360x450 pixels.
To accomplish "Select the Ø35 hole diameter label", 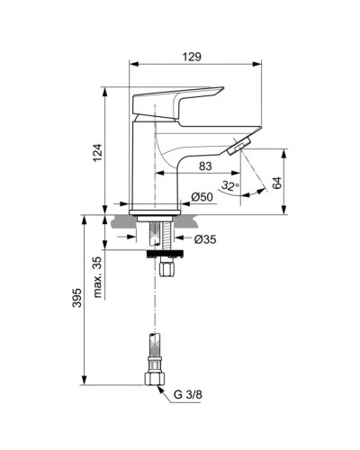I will click(207, 240).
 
